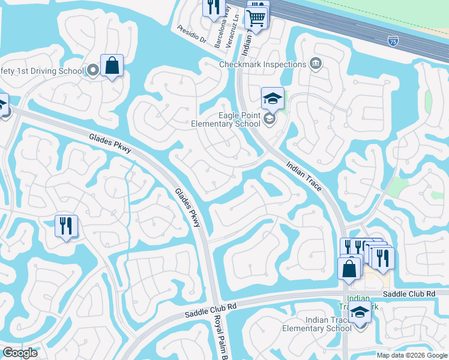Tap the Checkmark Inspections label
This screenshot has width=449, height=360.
click(x=262, y=64)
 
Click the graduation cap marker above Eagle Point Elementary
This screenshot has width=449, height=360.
click(x=273, y=98)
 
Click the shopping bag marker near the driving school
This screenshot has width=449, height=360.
click(x=112, y=65)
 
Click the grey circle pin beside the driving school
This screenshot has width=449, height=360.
click(x=93, y=71)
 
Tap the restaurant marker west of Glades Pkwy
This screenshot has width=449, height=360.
click(x=65, y=226)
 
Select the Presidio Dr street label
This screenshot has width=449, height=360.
click(x=192, y=35)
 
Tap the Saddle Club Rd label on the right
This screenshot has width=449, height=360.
click(x=408, y=293)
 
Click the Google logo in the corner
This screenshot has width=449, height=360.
click(x=20, y=352)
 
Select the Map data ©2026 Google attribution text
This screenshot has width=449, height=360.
click(x=411, y=355)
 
